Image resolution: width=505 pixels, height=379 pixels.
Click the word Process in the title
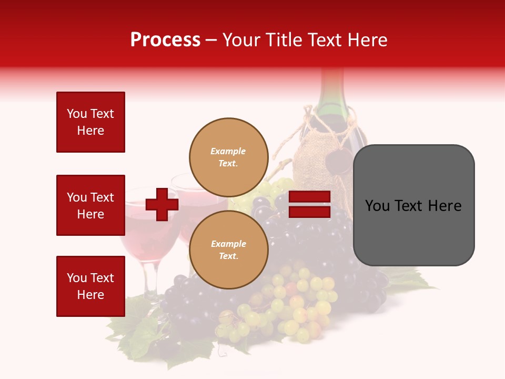point(165,40)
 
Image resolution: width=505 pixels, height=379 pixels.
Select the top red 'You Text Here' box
point(90,122)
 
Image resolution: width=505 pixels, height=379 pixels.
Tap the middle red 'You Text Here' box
point(90,205)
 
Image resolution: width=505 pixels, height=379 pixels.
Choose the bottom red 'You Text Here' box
point(90,286)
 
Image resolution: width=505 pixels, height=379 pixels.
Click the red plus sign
point(161,204)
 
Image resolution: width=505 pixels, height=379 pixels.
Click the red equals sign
point(309,204)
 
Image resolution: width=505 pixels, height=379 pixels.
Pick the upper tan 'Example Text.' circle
point(228,157)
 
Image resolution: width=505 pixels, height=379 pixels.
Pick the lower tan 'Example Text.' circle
point(228,250)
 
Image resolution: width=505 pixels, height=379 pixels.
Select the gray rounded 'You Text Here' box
point(413,205)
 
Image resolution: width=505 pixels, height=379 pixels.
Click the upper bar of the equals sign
point(309,197)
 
